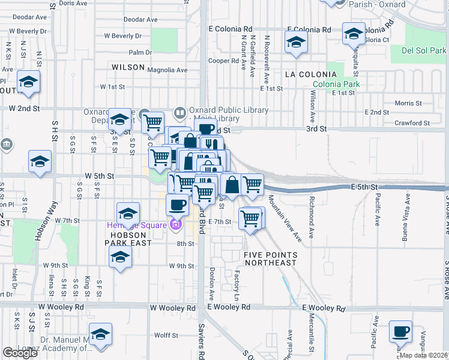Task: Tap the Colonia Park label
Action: [336, 85]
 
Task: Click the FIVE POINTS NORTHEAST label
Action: [270, 259]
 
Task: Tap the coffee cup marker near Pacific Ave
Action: [400, 332]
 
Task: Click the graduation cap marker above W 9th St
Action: [120, 258]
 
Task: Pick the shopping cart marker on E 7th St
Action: [250, 218]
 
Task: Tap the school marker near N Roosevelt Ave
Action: [296, 43]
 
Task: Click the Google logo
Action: [20, 353]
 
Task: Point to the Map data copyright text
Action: [424, 355]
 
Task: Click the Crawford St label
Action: [417, 123]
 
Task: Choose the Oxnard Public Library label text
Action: [220, 111]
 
